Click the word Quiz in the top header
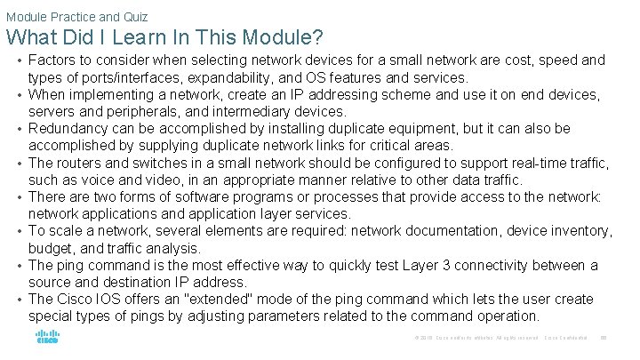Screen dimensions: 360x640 point(134,16)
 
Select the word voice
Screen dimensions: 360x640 point(93,180)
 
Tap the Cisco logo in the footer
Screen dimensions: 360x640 point(47,337)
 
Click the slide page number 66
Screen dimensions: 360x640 point(603,338)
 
